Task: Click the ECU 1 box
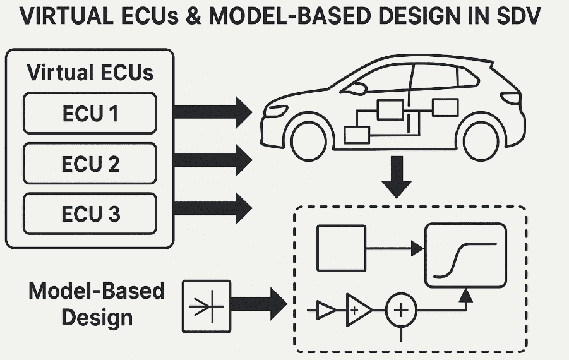coord(90,114)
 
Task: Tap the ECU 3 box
coord(90,213)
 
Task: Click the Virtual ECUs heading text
coord(90,72)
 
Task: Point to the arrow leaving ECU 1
coord(212,112)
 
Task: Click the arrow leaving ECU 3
coord(212,207)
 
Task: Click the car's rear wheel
coord(482,140)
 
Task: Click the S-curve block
coord(466,253)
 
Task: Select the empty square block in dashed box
coord(341,249)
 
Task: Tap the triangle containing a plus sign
coord(357,310)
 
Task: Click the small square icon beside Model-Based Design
coord(207,307)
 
